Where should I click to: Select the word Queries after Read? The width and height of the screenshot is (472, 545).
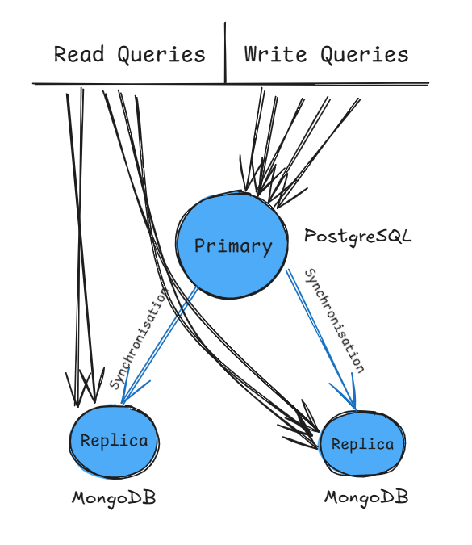(x=161, y=55)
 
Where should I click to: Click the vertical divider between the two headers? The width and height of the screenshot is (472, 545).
(x=225, y=52)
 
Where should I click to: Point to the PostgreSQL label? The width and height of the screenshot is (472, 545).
(x=358, y=237)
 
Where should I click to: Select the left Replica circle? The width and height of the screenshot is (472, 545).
(x=114, y=441)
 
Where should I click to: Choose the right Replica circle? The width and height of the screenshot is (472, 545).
(x=362, y=444)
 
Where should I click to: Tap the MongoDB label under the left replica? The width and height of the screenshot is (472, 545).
(x=114, y=497)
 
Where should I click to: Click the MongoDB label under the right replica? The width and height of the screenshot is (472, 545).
(x=366, y=497)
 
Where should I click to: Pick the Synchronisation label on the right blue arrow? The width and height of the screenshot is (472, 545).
(x=333, y=321)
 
